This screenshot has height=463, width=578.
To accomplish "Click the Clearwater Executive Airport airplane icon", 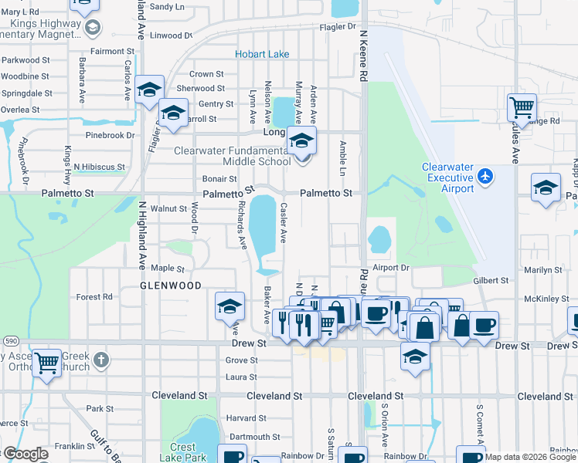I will click(x=485, y=177).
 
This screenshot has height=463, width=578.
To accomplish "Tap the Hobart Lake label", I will click(x=263, y=54).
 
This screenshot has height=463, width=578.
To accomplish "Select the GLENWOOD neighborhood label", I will click(x=170, y=286).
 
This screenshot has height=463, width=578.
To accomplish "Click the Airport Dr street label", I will click(x=389, y=268).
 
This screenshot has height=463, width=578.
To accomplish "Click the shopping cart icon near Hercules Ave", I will click(x=522, y=106).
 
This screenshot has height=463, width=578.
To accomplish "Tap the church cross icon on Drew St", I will click(x=101, y=360).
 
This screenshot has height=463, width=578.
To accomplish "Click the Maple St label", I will click(x=168, y=269).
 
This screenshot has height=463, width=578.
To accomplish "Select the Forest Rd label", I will click(x=94, y=296).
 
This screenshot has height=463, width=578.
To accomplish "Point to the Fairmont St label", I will click(x=107, y=52).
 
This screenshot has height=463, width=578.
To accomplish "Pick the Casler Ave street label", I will click(x=284, y=222).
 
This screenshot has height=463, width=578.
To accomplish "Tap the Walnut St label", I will click(x=168, y=208).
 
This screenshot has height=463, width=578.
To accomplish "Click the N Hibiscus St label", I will click(x=99, y=167).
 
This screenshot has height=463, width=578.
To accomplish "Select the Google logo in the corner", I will click(x=25, y=454).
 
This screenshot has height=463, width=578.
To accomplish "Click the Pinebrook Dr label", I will click(x=109, y=135).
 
